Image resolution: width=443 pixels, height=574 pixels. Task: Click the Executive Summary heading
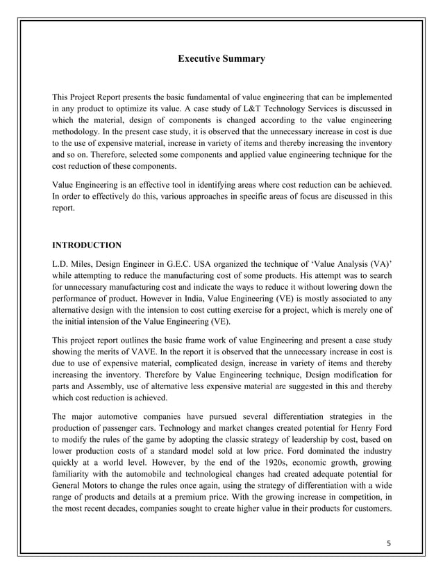[221, 59]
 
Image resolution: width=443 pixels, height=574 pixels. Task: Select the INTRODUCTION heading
[87, 245]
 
